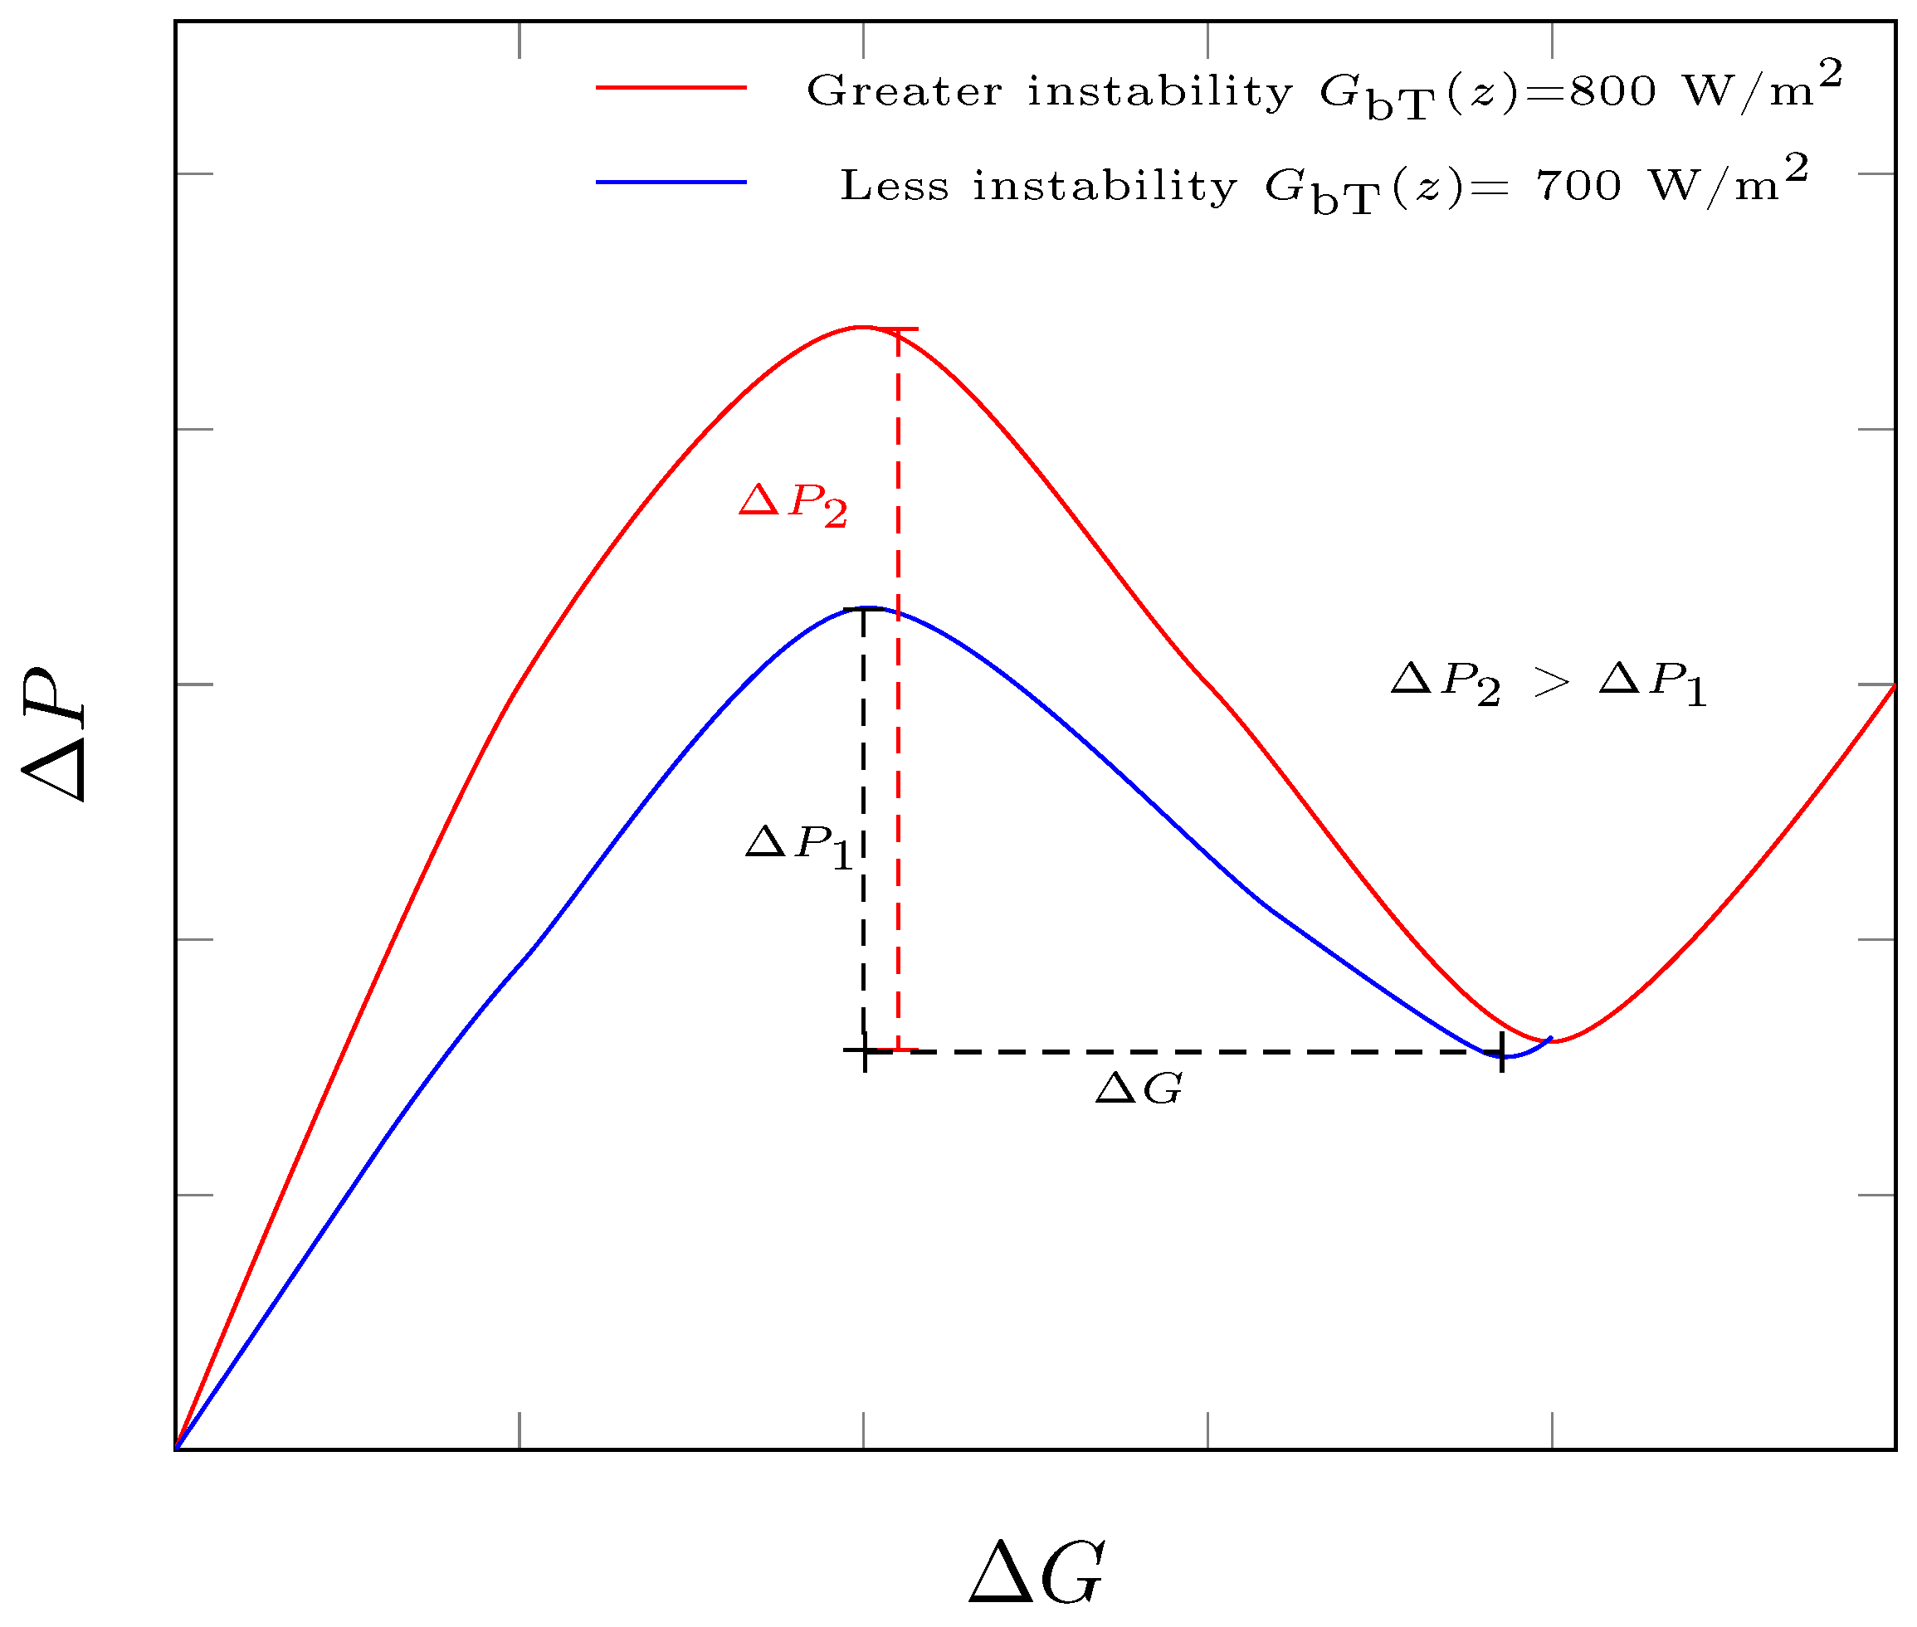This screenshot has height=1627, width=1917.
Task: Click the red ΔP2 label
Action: tap(793, 504)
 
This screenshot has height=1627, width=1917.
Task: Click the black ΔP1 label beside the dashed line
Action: tap(799, 845)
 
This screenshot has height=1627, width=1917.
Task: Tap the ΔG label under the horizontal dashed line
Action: tap(1139, 1089)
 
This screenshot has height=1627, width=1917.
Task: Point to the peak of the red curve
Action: tap(861, 327)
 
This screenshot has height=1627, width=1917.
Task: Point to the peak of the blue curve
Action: tap(869, 608)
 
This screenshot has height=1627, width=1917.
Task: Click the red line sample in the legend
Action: tap(671, 88)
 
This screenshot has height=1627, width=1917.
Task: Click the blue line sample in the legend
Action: tap(671, 183)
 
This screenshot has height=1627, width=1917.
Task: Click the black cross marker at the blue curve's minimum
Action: tap(1502, 1052)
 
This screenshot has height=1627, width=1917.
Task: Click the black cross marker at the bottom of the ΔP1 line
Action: tap(865, 1050)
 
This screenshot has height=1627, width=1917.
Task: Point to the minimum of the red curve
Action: tap(1555, 1042)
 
